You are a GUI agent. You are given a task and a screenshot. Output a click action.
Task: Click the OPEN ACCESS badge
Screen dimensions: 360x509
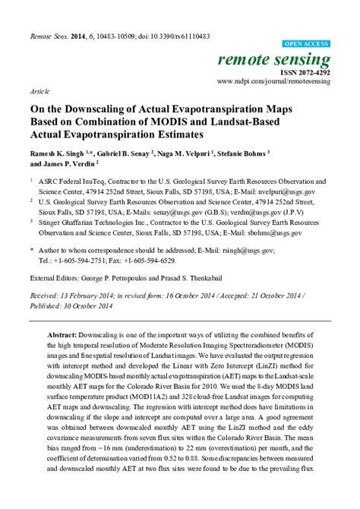(311, 43)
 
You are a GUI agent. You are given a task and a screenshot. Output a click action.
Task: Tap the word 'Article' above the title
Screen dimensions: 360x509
(39, 90)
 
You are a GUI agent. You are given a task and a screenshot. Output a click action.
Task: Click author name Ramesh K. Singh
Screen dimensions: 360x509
(61, 153)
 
